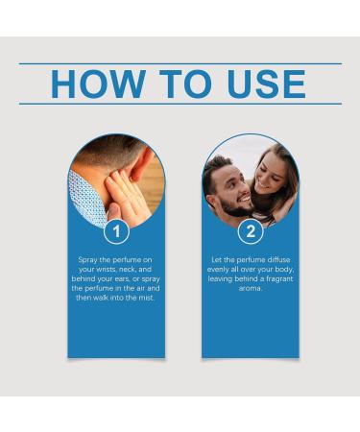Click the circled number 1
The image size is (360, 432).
click(116, 231)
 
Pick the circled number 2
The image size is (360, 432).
click(251, 231)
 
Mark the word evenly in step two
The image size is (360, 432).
click(227, 270)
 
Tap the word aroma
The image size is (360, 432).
click(251, 288)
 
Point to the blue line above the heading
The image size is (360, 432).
click(180, 63)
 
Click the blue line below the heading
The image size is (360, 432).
click(180, 104)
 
